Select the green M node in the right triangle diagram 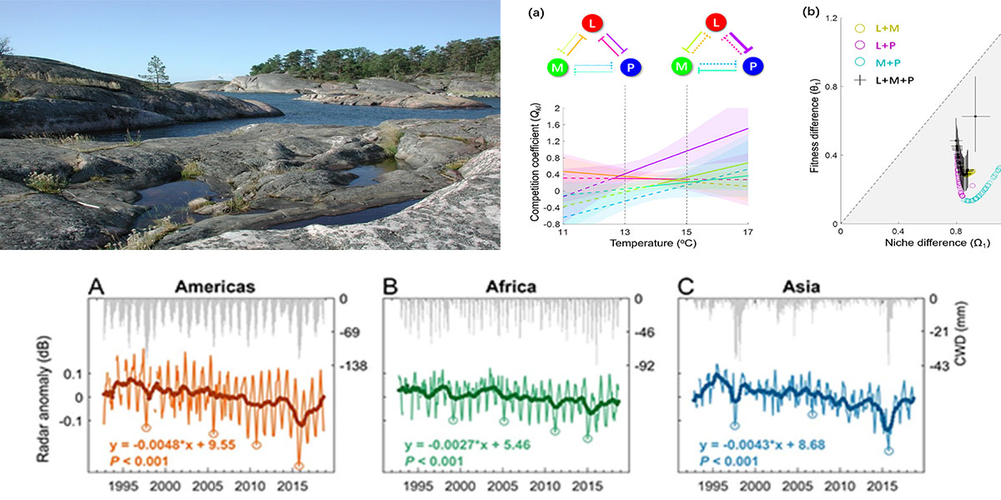coord(682,66)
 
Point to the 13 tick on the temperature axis coord(624,231)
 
